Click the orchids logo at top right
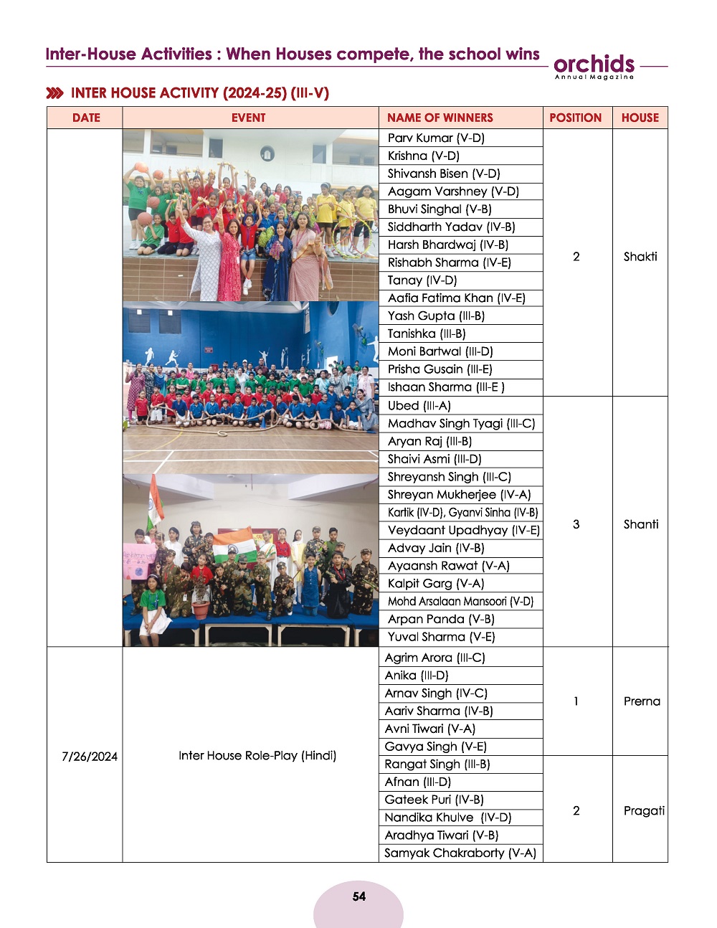594,65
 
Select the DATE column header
86,118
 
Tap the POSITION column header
575,118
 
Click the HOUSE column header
640,118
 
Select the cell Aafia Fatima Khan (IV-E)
456,298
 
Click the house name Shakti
640,257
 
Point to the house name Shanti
640,524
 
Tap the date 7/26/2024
90,757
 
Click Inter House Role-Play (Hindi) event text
257,755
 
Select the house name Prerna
642,701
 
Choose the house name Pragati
643,810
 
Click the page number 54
358,896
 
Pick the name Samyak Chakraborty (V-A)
460,853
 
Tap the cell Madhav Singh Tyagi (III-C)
461,423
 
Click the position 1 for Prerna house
576,701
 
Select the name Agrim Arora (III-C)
435,657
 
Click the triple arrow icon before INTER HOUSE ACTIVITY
54,93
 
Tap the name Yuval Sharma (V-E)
441,637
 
